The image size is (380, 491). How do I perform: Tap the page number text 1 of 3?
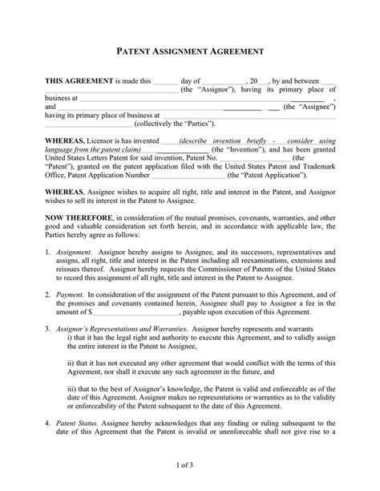pos(189,463)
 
